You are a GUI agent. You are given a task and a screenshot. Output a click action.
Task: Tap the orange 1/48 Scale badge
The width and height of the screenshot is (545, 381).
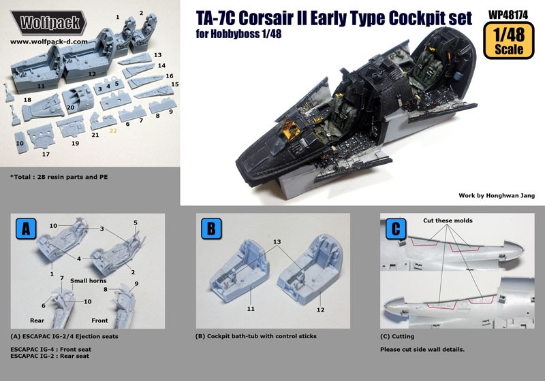[505, 42]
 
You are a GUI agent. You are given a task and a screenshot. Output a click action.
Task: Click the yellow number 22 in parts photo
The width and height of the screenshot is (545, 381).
[114, 129]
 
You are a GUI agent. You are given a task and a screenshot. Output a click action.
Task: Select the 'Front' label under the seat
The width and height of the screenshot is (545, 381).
[101, 320]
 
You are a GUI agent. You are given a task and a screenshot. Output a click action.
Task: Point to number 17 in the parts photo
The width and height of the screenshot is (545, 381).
[46, 154]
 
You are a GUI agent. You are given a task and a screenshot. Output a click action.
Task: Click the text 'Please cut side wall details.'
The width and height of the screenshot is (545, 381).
[423, 350]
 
